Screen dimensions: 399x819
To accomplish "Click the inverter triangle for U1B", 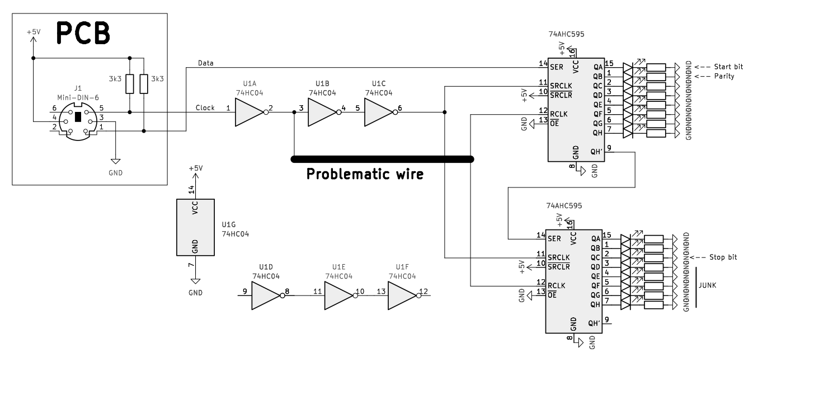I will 322,112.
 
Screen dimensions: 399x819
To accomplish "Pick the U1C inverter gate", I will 379,112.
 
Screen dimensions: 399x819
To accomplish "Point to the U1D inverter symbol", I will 266,295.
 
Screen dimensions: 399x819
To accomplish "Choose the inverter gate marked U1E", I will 338,295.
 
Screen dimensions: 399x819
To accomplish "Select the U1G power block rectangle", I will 195,228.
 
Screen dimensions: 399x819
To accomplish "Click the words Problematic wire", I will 365,175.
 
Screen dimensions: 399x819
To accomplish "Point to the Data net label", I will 206,63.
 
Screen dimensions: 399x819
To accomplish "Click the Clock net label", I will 205,108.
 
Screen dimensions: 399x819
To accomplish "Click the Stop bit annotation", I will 723,257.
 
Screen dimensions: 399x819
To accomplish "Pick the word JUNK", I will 708,285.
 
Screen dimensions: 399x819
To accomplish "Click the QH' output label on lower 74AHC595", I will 594,323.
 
